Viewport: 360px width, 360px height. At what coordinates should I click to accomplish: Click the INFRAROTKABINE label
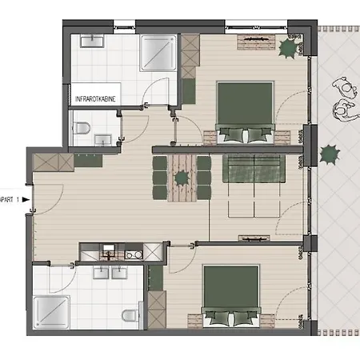(x=95, y=99)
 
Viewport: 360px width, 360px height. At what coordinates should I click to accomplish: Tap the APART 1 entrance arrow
(x=26, y=199)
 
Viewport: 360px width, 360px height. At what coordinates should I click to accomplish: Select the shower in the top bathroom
(x=158, y=53)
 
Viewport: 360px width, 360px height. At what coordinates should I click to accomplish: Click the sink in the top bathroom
(x=92, y=42)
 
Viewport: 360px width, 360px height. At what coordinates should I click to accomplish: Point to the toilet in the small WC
(x=81, y=128)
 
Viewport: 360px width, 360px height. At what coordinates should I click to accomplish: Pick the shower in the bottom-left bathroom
(x=51, y=312)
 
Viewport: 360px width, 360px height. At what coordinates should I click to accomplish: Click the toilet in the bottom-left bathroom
(x=130, y=315)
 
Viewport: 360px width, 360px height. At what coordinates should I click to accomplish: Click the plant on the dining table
(x=182, y=178)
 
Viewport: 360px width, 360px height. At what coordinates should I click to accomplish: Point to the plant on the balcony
(x=330, y=154)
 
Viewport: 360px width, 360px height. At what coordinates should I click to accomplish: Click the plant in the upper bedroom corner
(x=288, y=48)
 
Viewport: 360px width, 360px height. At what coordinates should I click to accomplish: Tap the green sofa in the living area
(x=254, y=169)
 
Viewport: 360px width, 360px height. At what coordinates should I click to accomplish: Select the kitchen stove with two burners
(x=134, y=255)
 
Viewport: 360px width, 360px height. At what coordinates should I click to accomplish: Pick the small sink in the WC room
(x=103, y=140)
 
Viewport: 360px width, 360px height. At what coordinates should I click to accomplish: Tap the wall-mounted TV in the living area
(x=254, y=238)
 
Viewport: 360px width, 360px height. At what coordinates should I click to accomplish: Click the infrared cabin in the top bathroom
(x=95, y=94)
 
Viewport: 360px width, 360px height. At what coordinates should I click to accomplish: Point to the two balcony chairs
(x=346, y=99)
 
